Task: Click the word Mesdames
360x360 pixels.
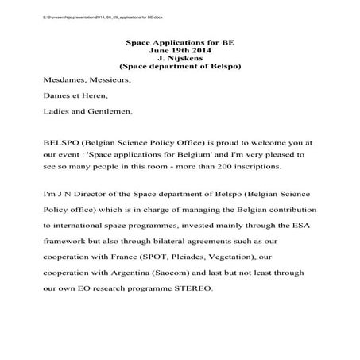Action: click(65, 80)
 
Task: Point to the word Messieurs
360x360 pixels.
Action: click(110, 80)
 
